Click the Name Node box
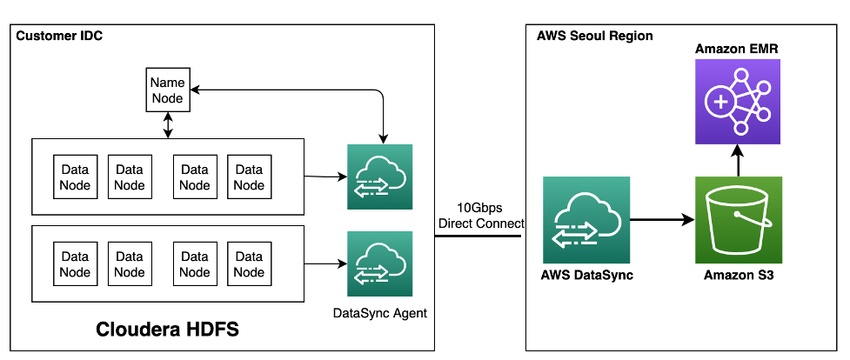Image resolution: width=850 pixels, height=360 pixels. pyautogui.click(x=167, y=90)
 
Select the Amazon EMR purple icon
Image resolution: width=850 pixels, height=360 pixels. pyautogui.click(x=738, y=102)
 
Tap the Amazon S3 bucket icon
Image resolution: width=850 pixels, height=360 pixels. pyautogui.click(x=738, y=220)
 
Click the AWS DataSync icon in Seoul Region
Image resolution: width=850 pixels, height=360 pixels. pyautogui.click(x=586, y=220)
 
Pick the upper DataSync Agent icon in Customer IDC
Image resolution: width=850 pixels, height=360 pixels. pyautogui.click(x=379, y=177)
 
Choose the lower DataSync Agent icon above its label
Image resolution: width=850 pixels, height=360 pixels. pyautogui.click(x=379, y=263)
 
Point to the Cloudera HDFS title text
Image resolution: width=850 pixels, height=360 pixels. pyautogui.click(x=167, y=330)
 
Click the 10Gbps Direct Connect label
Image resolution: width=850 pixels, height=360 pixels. pyautogui.click(x=481, y=216)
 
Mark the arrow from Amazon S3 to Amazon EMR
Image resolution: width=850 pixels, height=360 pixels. pyautogui.click(x=738, y=161)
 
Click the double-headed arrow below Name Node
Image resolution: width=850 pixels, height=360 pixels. pyautogui.click(x=167, y=125)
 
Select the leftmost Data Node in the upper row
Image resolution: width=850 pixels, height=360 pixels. pyautogui.click(x=75, y=177)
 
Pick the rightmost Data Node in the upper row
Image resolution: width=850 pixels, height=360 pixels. pyautogui.click(x=249, y=177)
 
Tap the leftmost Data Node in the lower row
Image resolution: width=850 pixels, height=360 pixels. pyautogui.click(x=75, y=264)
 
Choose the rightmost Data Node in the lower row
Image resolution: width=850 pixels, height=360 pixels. pyautogui.click(x=249, y=264)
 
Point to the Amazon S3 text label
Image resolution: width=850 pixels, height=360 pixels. pyautogui.click(x=739, y=276)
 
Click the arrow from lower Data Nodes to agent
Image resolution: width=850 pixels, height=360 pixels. pyautogui.click(x=325, y=263)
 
